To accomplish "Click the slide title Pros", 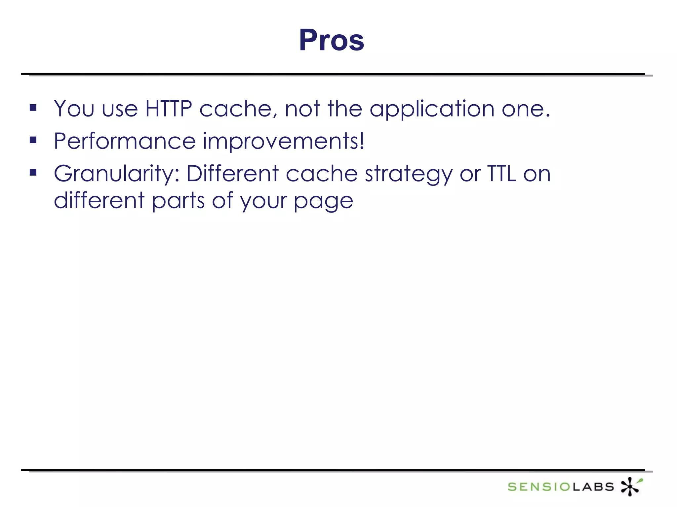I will (x=332, y=40).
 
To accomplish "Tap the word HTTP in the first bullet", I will (x=169, y=109).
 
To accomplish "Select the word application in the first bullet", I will (x=432, y=109).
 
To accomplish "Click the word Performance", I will (x=125, y=141).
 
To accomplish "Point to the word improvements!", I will (x=283, y=141).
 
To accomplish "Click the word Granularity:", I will (x=117, y=174).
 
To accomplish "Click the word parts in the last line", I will (x=178, y=201).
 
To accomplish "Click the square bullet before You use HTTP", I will (x=33, y=108).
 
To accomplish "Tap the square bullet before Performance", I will (x=33, y=140).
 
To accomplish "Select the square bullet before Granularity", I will (x=33, y=172).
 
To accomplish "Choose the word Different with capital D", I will (x=232, y=174).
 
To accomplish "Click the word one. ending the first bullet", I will (x=526, y=109).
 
